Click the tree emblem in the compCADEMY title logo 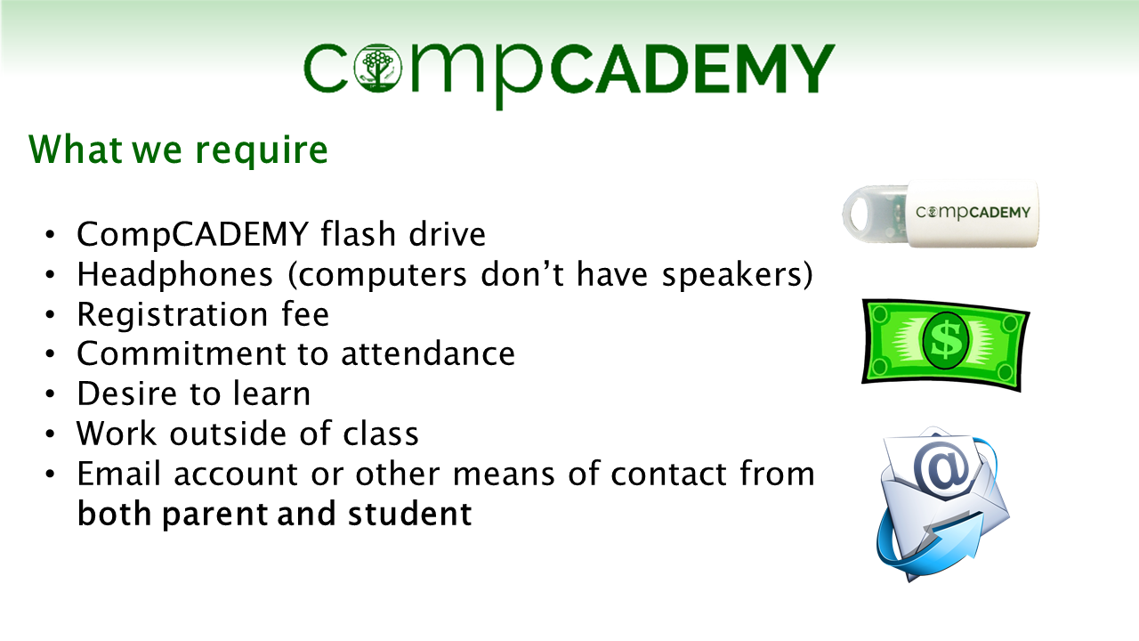tap(377, 69)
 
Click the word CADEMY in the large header tap(692, 69)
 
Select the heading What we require tap(179, 150)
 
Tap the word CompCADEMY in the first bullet tap(193, 234)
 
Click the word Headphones tap(175, 274)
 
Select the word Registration tap(173, 315)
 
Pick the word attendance tap(428, 353)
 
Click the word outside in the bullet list tap(227, 434)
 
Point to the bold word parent tap(215, 515)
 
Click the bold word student tap(410, 514)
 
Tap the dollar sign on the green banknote tap(946, 340)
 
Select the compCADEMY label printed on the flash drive tap(973, 212)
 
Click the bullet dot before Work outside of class tap(50, 434)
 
